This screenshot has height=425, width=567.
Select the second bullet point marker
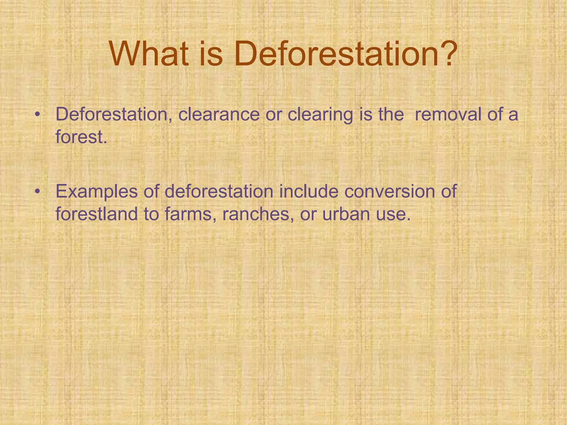[x=38, y=191]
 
